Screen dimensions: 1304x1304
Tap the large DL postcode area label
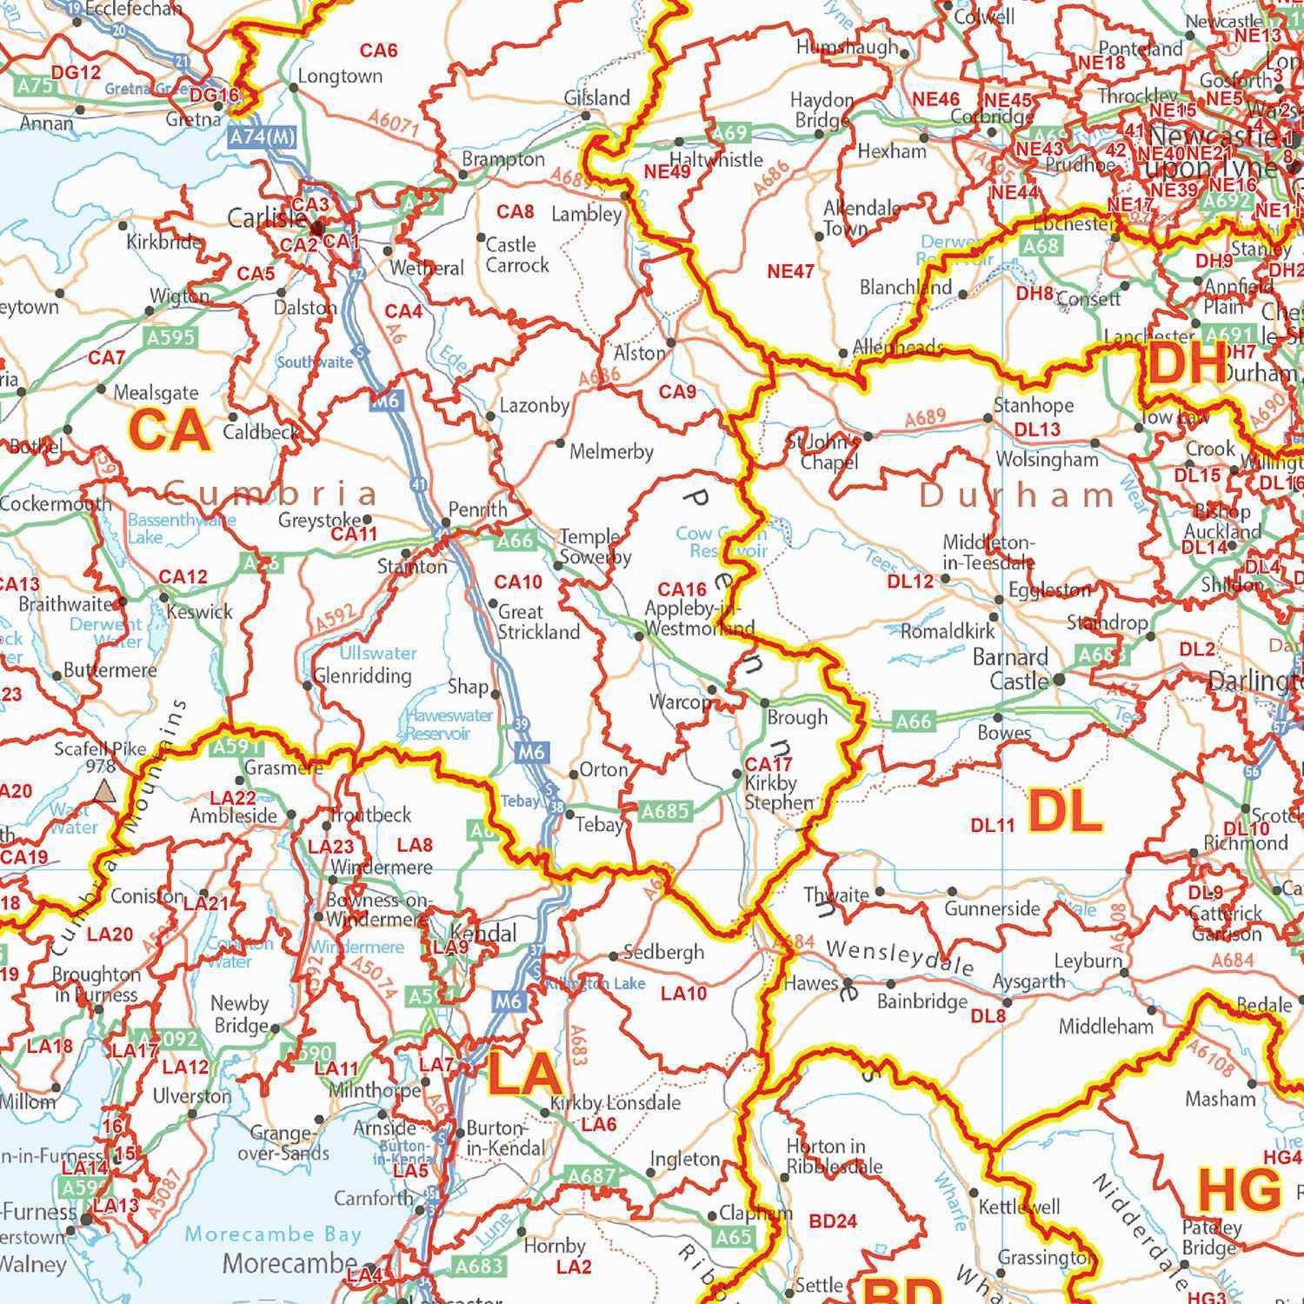[1065, 812]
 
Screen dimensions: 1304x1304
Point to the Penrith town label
[477, 509]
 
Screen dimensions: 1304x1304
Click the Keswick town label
[200, 612]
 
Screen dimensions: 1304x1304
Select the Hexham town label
[892, 151]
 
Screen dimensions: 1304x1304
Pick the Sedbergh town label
[664, 952]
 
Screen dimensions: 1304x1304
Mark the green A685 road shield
[665, 812]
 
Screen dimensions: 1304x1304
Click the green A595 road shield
[170, 337]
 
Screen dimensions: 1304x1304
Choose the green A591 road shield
[231, 746]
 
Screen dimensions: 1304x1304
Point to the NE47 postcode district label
[790, 271]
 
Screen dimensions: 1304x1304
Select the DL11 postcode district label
[992, 825]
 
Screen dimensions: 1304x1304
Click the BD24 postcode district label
[833, 1221]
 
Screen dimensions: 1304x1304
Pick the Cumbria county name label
[270, 496]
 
